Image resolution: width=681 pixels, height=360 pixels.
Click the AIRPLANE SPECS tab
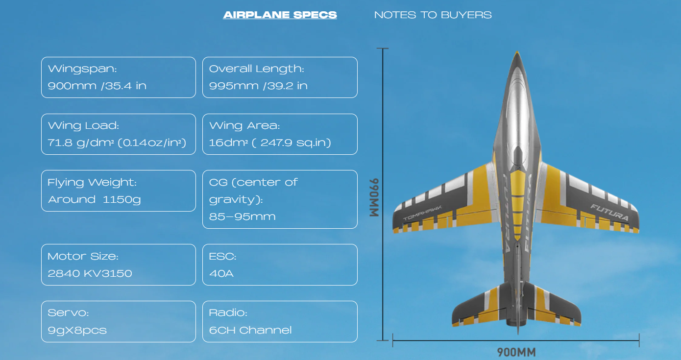point(280,15)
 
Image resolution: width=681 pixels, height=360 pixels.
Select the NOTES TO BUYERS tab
point(433,15)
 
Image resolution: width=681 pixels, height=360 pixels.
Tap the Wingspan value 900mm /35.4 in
point(97,86)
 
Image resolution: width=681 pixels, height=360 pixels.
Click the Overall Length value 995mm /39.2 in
point(258,86)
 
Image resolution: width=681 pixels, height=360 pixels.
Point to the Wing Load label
point(83,125)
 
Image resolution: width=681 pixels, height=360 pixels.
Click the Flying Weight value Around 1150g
point(94,199)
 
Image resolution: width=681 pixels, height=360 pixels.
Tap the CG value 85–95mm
point(242,216)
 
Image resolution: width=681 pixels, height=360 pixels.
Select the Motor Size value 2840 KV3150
point(90,273)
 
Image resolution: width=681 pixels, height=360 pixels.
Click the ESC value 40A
point(221,273)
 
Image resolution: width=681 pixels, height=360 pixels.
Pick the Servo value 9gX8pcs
point(77,330)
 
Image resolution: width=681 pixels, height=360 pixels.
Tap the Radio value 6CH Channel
point(250,330)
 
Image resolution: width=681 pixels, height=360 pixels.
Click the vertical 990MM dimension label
point(374,197)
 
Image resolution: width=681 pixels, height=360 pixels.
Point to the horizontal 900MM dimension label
point(516,352)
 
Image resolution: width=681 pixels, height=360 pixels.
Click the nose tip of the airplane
point(516,53)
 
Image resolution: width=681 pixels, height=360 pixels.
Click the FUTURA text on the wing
point(609,212)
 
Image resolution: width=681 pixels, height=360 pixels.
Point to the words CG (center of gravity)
point(253,191)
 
